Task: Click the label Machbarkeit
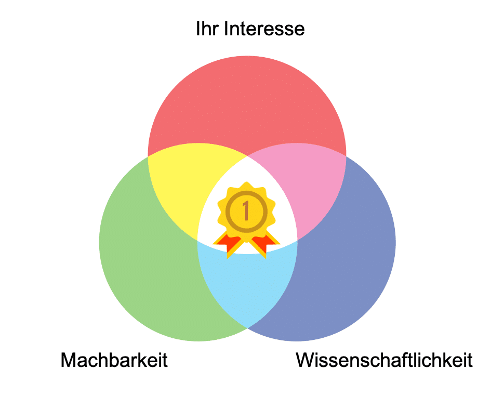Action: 114,360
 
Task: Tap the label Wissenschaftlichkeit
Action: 384,360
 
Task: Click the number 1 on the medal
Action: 246,211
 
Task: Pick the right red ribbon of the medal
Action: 263,243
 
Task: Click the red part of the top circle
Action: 247,103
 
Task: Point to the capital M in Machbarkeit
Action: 69,360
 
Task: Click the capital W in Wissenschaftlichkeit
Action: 307,360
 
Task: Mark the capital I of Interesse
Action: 226,29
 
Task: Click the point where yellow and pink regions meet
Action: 247,156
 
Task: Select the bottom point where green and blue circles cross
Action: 247,328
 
